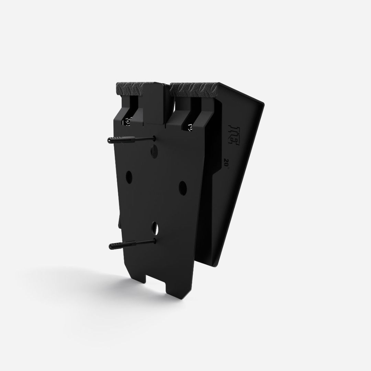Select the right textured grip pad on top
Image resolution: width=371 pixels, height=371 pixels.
[x=194, y=88]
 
